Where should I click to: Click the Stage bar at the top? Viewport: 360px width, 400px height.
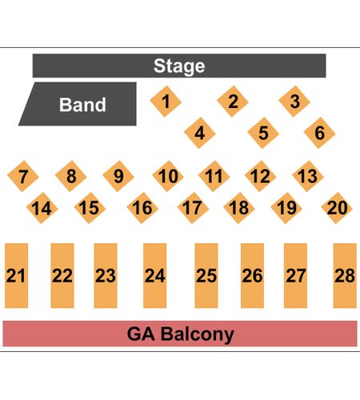[179, 66]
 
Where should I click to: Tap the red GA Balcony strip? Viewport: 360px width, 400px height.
[180, 334]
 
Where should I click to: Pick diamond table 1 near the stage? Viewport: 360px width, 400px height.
[166, 102]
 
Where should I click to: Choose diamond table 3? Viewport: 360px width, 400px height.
[294, 102]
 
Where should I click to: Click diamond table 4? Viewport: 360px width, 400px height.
[200, 133]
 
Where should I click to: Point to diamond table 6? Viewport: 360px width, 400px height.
[319, 133]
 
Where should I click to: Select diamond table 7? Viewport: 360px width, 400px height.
[23, 176]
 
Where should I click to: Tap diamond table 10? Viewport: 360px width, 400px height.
[168, 176]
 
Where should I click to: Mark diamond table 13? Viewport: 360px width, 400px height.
[308, 176]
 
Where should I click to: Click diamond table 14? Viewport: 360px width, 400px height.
[42, 208]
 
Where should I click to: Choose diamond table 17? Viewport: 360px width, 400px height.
[193, 208]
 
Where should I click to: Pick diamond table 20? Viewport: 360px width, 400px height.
[337, 208]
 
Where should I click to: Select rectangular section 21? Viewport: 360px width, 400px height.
[16, 275]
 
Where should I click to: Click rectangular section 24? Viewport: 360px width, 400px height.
[155, 275]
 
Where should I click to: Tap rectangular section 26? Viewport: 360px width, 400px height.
[252, 275]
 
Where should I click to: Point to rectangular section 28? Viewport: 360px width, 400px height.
[345, 275]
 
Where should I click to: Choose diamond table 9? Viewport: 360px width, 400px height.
[118, 176]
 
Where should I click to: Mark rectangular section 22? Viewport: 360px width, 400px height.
[62, 275]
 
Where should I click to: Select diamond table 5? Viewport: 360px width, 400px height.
[263, 133]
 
